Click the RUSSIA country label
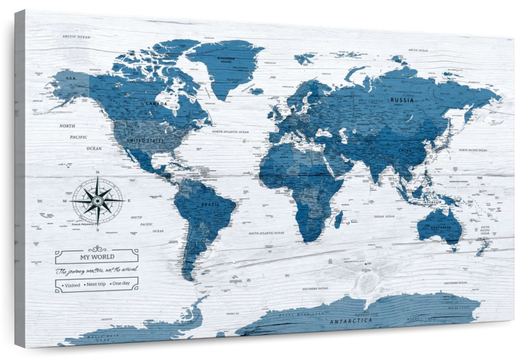[402, 100]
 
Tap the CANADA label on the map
[156, 104]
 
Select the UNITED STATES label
[145, 140]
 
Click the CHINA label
[405, 150]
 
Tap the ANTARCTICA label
[351, 321]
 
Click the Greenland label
[226, 58]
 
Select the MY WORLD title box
[97, 256]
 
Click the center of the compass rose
[98, 201]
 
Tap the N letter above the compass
[97, 172]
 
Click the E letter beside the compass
[129, 201]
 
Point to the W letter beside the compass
[65, 201]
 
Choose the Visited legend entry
[71, 285]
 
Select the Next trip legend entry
[95, 284]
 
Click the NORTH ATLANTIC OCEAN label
[230, 132]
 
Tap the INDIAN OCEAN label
[384, 217]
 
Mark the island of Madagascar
[339, 219]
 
